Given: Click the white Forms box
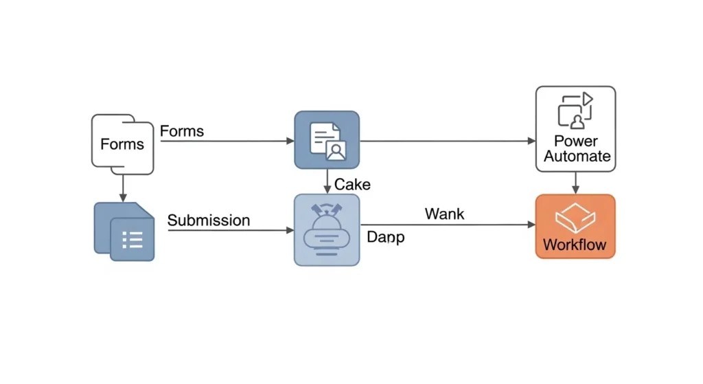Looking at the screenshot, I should click(x=122, y=144).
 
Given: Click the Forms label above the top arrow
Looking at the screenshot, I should click(x=182, y=131).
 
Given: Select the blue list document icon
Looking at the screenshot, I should click(x=124, y=231).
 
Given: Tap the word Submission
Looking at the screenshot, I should click(x=209, y=221).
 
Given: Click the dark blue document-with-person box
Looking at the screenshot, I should click(x=327, y=139).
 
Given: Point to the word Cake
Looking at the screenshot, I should click(x=352, y=184).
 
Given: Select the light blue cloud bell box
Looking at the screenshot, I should click(x=327, y=229).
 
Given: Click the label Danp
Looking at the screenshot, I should click(x=385, y=238).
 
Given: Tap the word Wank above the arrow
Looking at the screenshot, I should click(x=444, y=214).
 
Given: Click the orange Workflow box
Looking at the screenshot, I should click(x=575, y=226).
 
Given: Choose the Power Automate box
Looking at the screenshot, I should click(x=575, y=128).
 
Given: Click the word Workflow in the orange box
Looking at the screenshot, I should click(x=575, y=245).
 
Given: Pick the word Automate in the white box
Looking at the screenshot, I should click(x=577, y=157).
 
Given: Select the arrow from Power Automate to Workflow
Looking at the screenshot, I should click(x=575, y=183).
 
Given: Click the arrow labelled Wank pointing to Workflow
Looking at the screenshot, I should click(x=446, y=225).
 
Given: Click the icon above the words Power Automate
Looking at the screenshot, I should click(x=575, y=111).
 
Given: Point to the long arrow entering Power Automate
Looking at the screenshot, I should click(x=446, y=141).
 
